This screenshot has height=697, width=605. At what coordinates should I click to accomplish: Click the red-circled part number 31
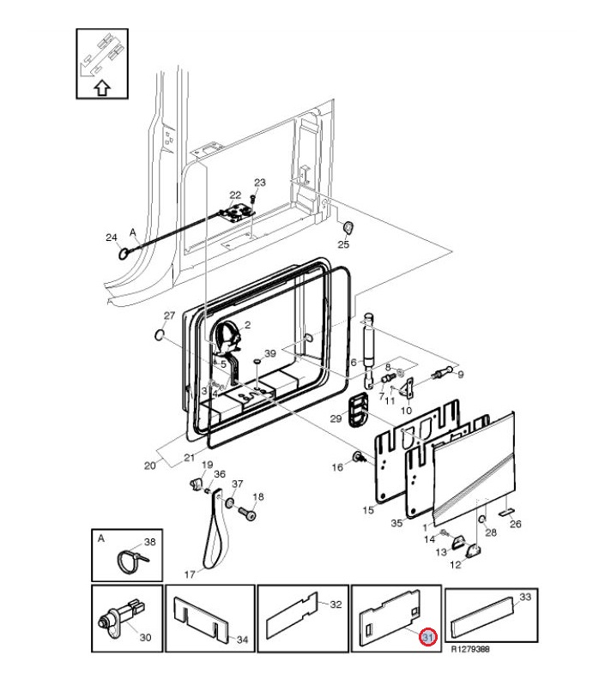[x=427, y=637]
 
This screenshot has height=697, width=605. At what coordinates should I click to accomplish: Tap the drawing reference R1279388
[x=472, y=649]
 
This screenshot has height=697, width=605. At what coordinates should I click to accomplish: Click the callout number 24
[x=111, y=237]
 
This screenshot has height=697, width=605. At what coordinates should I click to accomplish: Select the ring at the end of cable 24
[x=124, y=252]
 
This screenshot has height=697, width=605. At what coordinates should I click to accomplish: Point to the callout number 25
[x=343, y=245]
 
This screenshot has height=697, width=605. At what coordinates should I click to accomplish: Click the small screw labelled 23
[x=255, y=195]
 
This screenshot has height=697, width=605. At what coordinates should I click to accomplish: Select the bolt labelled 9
[x=445, y=373]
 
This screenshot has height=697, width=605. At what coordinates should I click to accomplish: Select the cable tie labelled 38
[x=128, y=561]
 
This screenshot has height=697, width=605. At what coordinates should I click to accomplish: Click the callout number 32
[x=336, y=604]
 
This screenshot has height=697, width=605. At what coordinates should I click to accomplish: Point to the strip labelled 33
[x=482, y=611]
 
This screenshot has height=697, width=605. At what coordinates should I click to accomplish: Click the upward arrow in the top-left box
[x=101, y=86]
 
